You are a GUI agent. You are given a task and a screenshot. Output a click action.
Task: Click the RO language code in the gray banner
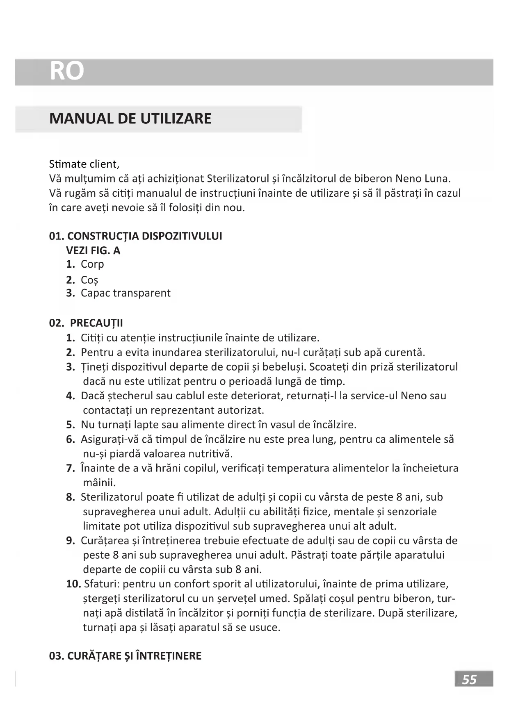66,71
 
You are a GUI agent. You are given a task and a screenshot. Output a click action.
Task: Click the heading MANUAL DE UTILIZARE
130,119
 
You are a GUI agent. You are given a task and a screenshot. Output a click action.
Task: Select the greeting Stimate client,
84,164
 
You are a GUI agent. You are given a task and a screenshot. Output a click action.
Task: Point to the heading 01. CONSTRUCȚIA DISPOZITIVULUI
135,236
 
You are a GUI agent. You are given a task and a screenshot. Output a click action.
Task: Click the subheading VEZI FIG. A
93,250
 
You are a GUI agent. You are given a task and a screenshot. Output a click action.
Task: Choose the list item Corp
92,264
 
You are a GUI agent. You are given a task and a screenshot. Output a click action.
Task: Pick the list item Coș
89,280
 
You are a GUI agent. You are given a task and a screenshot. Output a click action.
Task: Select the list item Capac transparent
126,293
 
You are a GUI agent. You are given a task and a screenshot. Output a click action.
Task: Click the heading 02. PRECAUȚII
86,323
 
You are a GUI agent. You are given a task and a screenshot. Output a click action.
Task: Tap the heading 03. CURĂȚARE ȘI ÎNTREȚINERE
125,656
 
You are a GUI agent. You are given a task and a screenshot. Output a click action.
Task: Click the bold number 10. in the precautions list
73,584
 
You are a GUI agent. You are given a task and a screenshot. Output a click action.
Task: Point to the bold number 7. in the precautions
71,468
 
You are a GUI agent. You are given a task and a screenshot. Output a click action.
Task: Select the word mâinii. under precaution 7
99,482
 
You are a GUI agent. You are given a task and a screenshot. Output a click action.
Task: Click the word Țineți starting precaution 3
94,367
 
